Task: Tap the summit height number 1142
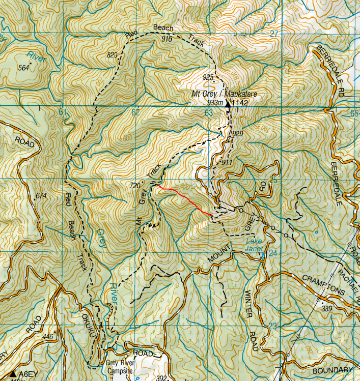[x=240, y=103]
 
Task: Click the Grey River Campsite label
[x=119, y=367]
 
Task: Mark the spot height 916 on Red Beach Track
[x=167, y=39]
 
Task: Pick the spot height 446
[x=48, y=337]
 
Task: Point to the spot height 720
[x=134, y=186]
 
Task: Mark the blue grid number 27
[x=274, y=33]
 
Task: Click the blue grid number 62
[x=135, y=112]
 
